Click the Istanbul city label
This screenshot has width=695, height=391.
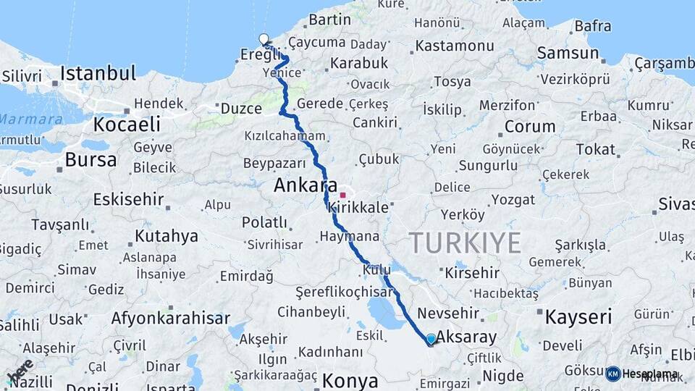pyautogui.click(x=98, y=73)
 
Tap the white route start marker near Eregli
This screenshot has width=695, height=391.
pyautogui.click(x=264, y=40)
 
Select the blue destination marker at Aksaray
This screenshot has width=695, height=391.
pyautogui.click(x=431, y=339)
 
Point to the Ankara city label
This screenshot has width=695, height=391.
pyautogui.click(x=306, y=185)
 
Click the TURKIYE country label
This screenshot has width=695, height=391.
pyautogui.click(x=464, y=242)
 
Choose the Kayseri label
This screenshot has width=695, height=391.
pyautogui.click(x=578, y=316)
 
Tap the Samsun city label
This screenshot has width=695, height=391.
pyautogui.click(x=568, y=53)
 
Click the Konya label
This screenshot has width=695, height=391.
pyautogui.click(x=350, y=380)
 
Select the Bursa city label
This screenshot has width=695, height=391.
pyautogui.click(x=90, y=159)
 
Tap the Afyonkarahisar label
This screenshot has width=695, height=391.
pyautogui.click(x=170, y=318)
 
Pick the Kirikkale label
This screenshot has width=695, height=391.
pyautogui.click(x=358, y=207)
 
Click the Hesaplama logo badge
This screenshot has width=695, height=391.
pyautogui.click(x=642, y=374)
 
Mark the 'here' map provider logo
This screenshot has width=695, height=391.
pyautogui.click(x=20, y=371)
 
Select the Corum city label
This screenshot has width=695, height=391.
pyautogui.click(x=529, y=126)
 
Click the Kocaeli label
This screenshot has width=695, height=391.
pyautogui.click(x=126, y=124)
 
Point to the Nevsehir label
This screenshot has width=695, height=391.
pyautogui.click(x=449, y=313)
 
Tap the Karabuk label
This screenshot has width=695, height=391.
pyautogui.click(x=359, y=63)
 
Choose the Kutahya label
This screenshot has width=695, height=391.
pyautogui.click(x=166, y=236)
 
